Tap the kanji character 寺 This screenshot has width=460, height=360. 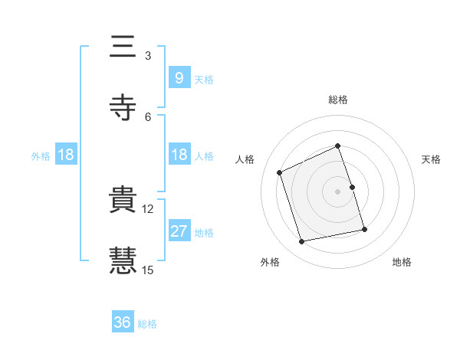coord(123,107)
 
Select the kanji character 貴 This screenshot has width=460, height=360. coord(123,200)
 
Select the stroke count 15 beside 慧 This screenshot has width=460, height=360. coord(148,270)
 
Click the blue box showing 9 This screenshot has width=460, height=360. coord(179,77)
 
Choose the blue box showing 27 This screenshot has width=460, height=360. coord(179,231)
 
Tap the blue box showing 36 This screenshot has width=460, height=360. coord(123,322)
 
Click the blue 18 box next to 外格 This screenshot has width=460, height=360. coord(66,155)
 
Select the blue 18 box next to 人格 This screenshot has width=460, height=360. coord(179,155)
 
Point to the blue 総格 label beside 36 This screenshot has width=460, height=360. coord(147,324)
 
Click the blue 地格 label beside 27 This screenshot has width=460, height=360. coord(204,233)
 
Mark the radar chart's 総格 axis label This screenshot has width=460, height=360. coord(338,100)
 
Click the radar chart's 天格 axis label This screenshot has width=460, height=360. coord(432,159)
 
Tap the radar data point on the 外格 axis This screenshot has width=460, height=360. coord(302,242)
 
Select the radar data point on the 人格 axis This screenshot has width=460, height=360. coord(280,172)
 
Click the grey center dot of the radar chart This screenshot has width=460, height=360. coord(338,191)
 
